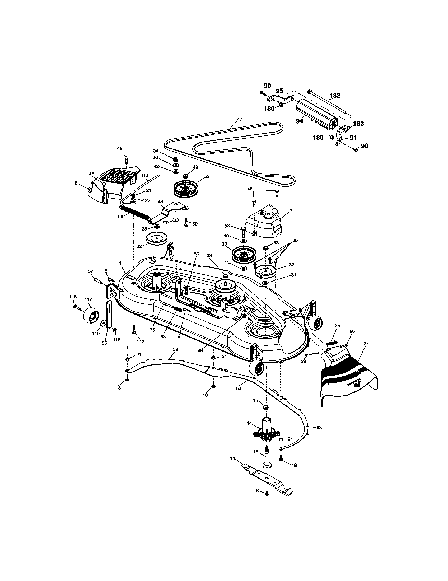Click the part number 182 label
pyautogui.click(x=335, y=96)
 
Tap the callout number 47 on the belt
pyautogui.click(x=239, y=119)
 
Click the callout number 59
pyautogui.click(x=175, y=349)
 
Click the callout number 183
pyautogui.click(x=358, y=124)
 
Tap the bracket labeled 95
pyautogui.click(x=279, y=99)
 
